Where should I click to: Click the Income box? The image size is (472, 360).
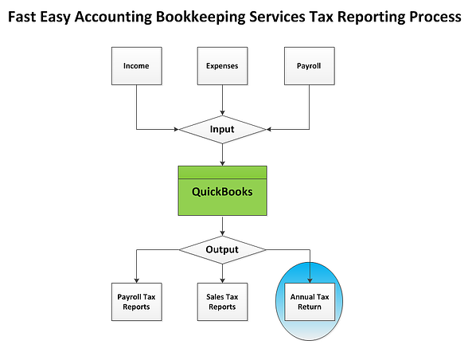point(137,66)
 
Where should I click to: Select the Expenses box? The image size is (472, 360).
point(222,66)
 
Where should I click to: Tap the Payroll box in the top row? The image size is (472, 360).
point(310,66)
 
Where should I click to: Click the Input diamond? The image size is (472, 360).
point(222,130)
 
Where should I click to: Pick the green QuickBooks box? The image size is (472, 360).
point(222,190)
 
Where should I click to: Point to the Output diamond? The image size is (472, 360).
point(222,250)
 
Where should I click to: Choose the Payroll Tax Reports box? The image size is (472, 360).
point(137,302)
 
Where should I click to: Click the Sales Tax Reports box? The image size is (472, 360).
point(222,302)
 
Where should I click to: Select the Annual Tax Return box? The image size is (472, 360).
point(310,302)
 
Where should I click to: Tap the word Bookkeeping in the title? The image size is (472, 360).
point(201,17)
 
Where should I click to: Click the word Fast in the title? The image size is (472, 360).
point(22,17)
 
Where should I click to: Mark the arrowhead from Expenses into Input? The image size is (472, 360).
point(222,113)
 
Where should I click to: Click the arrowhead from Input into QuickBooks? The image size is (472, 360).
point(222,163)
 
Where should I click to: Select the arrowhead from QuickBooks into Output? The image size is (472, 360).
point(222,233)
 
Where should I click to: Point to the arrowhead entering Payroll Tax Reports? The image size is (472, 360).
point(137,280)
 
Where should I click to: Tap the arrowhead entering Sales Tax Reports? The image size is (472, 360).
point(222,280)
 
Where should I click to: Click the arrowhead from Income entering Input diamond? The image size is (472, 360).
point(177,130)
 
